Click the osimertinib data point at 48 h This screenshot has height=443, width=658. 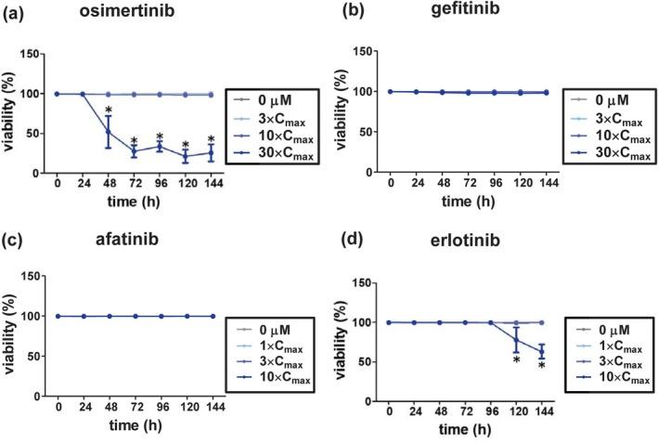[109, 131]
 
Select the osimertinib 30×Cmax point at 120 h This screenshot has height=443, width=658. [186, 156]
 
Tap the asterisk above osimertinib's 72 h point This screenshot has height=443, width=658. [135, 142]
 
